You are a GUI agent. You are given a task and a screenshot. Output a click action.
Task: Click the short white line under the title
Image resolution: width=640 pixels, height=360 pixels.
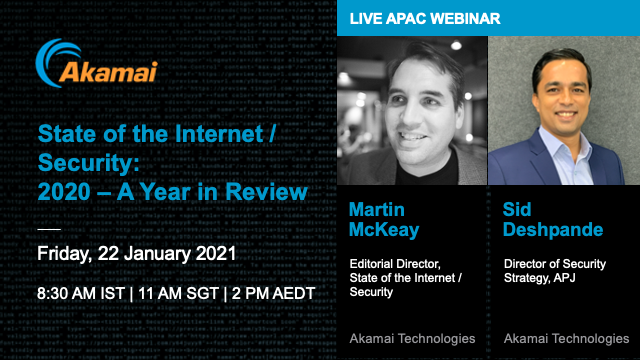[x=49, y=229]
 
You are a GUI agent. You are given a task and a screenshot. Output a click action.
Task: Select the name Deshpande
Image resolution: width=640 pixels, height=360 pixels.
[x=554, y=231]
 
